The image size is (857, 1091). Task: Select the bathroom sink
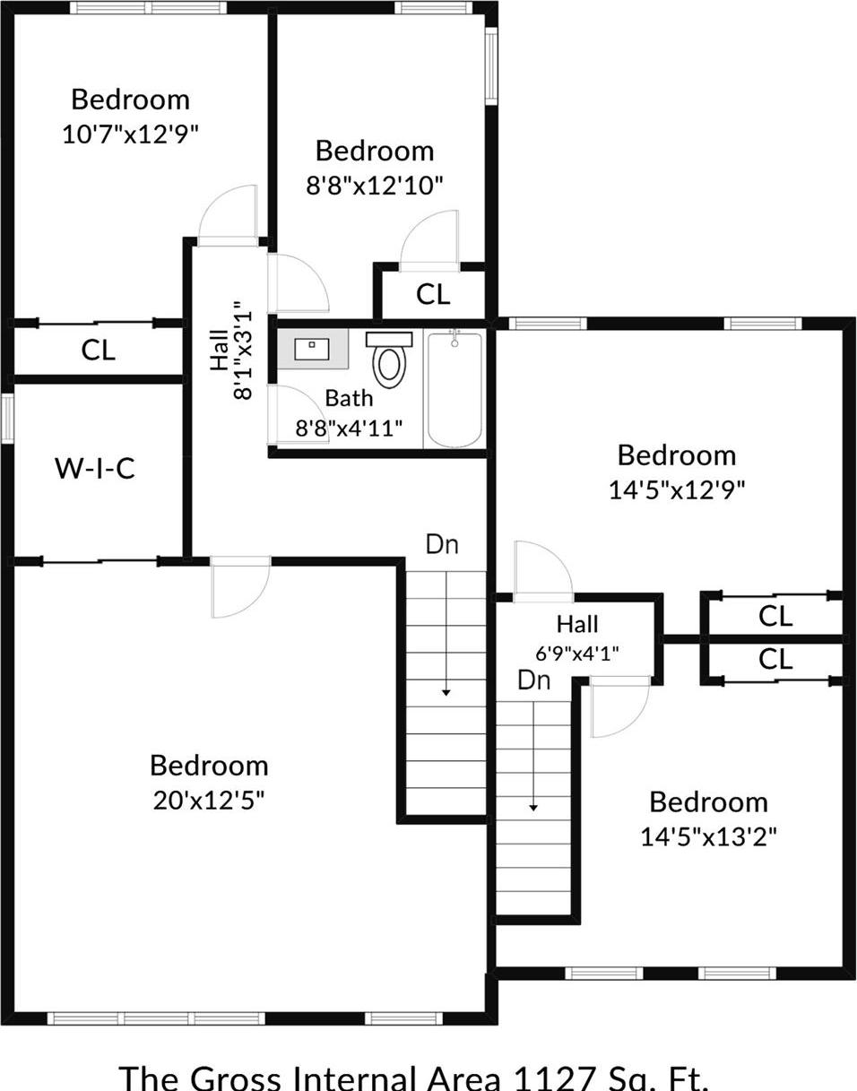pyautogui.click(x=312, y=349)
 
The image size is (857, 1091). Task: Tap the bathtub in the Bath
pyautogui.click(x=455, y=389)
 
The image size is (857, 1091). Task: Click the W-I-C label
pyautogui.click(x=95, y=468)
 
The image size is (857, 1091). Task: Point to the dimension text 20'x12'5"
pyautogui.click(x=209, y=800)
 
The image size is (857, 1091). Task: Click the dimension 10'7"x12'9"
pyautogui.click(x=130, y=134)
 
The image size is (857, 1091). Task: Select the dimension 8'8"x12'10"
pyautogui.click(x=375, y=186)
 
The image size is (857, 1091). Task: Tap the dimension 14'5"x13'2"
pyautogui.click(x=708, y=836)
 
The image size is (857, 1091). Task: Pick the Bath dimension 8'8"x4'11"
pyautogui.click(x=348, y=428)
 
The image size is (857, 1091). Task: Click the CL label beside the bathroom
pyautogui.click(x=433, y=294)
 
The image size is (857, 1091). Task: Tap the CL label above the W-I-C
pyautogui.click(x=99, y=350)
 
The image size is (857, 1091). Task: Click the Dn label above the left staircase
pyautogui.click(x=443, y=544)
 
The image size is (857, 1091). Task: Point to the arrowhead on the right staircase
pyautogui.click(x=533, y=807)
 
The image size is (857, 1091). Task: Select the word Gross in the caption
pyautogui.click(x=235, y=1078)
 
